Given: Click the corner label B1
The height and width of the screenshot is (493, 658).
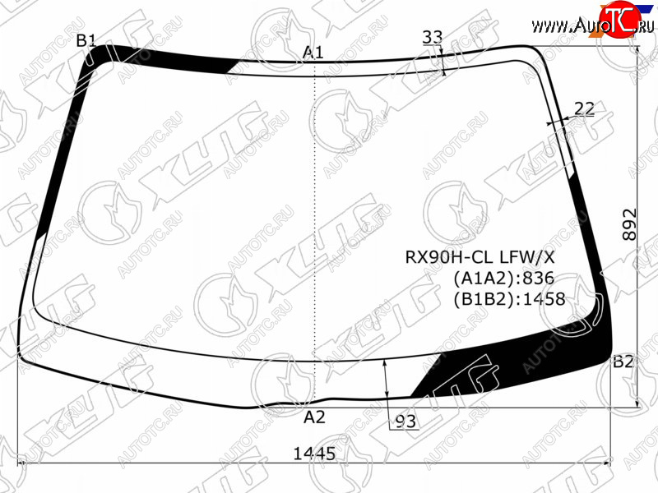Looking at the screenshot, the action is click(86, 40).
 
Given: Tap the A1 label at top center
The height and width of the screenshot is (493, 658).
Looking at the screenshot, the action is click(313, 53).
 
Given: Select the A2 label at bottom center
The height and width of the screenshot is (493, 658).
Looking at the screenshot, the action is click(314, 417).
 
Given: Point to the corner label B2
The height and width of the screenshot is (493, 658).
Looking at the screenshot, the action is click(623, 362).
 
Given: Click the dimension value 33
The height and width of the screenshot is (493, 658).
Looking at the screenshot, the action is click(433, 37).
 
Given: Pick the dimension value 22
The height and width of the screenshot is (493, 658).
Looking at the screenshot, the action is click(585, 109).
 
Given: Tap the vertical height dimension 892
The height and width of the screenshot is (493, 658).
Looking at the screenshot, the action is click(629, 224).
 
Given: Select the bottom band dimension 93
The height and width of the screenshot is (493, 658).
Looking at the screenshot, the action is click(405, 422).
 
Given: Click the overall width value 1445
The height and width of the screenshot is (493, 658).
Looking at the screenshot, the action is click(314, 454).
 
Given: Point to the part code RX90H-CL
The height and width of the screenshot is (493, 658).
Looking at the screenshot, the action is click(447, 257).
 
